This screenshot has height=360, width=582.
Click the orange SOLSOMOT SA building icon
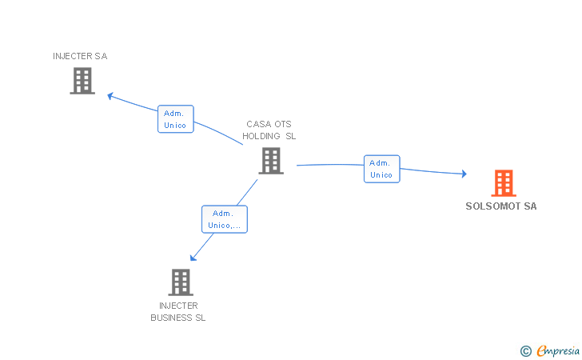pos(504,182)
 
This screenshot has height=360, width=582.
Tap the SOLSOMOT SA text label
pos(501,206)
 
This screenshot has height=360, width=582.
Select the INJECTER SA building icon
pos(82,81)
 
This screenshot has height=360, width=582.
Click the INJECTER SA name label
pos(80,56)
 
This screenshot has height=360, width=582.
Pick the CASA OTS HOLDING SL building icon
pos(271,161)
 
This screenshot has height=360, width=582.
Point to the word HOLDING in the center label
pos(261,136)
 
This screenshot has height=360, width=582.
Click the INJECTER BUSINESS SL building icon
pos(181,282)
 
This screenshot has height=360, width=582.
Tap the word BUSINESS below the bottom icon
pos(171,318)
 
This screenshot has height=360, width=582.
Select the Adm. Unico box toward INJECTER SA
pos(176,119)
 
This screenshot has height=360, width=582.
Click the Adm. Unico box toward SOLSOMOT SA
pos(381,169)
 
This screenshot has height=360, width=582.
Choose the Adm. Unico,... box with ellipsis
pos(224,219)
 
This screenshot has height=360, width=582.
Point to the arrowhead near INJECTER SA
pos(110,96)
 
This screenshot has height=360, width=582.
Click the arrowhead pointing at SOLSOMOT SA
pos(464,174)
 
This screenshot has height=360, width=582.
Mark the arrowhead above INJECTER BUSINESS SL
pos(193,258)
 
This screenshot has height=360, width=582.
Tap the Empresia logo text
pos(558,351)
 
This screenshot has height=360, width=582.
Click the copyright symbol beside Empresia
pos(526,351)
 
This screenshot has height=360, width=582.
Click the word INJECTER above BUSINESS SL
pos(178,306)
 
